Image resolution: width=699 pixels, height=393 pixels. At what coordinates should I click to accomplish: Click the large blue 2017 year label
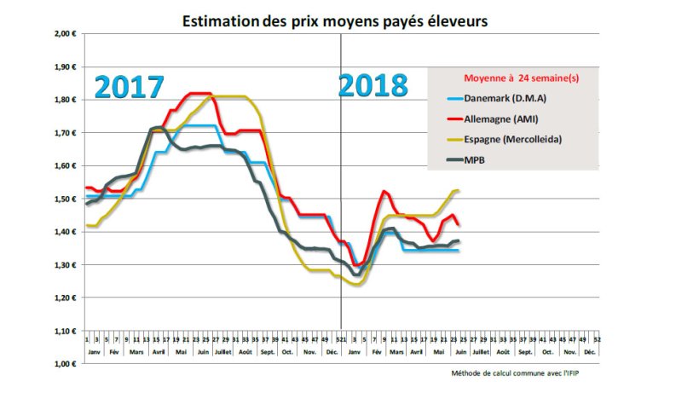(129, 88)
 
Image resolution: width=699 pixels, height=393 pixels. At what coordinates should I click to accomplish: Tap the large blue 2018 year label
(373, 86)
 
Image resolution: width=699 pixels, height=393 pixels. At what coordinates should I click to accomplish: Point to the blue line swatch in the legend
(448, 98)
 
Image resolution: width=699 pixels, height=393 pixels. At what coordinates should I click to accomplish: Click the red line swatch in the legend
(448, 118)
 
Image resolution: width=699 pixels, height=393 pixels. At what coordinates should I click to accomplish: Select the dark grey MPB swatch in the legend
(448, 159)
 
